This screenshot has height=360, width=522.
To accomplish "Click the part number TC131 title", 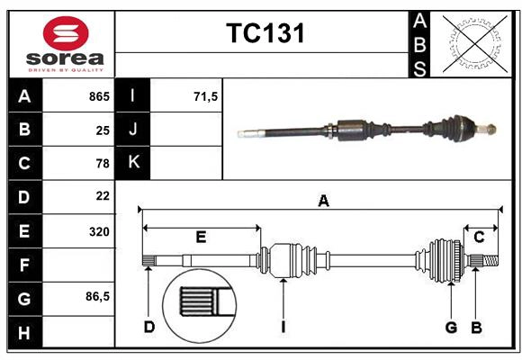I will (x=265, y=34).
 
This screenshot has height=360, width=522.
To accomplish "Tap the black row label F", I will (x=24, y=264).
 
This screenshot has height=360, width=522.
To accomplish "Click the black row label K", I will (x=134, y=163).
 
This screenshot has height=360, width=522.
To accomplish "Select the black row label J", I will (x=134, y=130).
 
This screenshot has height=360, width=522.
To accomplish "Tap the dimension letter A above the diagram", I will (x=323, y=202).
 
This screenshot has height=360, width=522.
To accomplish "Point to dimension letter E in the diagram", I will (x=201, y=238).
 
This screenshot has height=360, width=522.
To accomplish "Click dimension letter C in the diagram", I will (x=480, y=237).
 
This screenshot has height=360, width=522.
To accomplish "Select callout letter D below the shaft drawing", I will (x=148, y=327).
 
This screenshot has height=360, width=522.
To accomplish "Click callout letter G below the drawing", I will (x=451, y=327).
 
